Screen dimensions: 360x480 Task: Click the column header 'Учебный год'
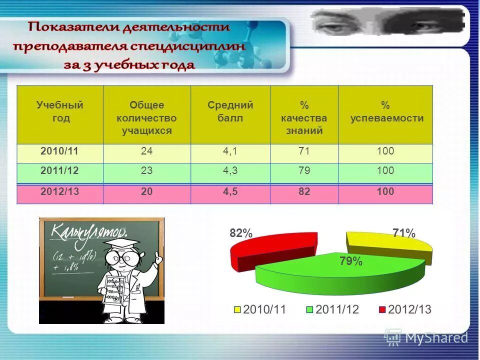(x=60, y=112)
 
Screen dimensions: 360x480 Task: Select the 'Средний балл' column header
(x=230, y=112)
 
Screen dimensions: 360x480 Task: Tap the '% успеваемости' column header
(x=385, y=112)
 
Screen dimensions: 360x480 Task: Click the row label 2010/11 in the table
(x=60, y=151)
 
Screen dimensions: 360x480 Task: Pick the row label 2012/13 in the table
(x=60, y=192)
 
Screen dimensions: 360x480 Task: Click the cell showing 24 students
(x=146, y=151)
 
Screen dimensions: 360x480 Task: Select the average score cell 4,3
(x=230, y=171)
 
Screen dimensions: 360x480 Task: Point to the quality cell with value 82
(x=304, y=192)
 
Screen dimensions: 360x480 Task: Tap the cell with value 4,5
(x=230, y=192)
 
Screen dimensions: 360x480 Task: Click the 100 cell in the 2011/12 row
(x=385, y=171)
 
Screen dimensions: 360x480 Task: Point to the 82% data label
(x=241, y=233)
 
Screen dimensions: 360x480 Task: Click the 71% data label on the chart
(x=403, y=233)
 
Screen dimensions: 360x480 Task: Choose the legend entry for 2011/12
(x=332, y=309)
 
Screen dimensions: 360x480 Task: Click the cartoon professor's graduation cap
(x=123, y=244)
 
